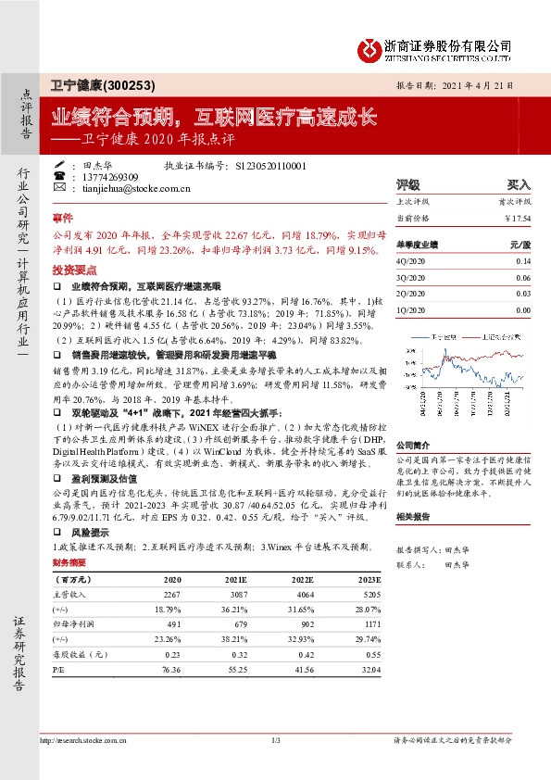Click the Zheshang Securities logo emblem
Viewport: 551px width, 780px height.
[371, 47]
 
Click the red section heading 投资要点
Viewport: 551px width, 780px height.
[73, 269]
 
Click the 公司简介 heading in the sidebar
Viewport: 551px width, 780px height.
[416, 418]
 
